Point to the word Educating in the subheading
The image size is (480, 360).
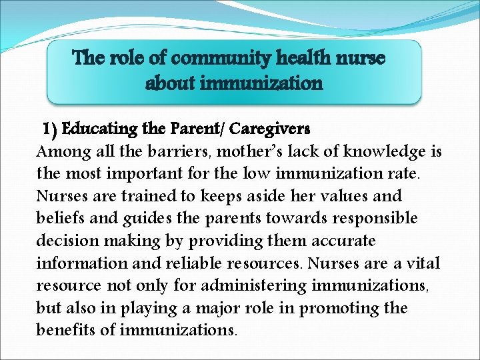pos(98,127)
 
